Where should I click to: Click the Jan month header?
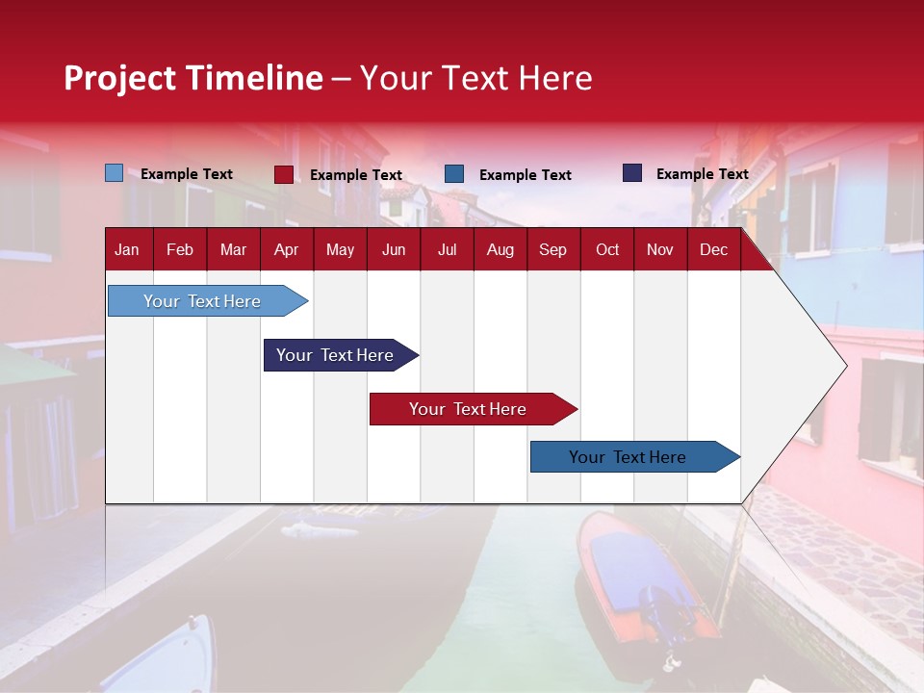coord(127,250)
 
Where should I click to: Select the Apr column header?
coord(287,250)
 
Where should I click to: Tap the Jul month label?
coord(448,250)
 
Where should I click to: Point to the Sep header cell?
coord(552,250)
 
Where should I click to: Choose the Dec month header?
coord(713,250)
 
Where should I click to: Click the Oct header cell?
coord(607,250)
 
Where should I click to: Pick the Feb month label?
coord(180,250)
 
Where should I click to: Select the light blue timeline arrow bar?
coord(208,300)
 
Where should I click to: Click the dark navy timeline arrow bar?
coord(341,355)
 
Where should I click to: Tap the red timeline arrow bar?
coord(474,409)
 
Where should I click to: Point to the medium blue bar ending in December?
coord(635,456)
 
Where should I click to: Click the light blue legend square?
coord(114,172)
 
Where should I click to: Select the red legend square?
coord(284,174)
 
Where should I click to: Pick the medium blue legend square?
coord(454,174)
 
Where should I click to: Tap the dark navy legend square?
coord(632,172)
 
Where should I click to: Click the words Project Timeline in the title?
coord(193,78)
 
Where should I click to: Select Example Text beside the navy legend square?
coord(703,174)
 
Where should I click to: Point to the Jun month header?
coord(394,250)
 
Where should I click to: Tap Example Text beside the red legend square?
coord(356,175)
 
